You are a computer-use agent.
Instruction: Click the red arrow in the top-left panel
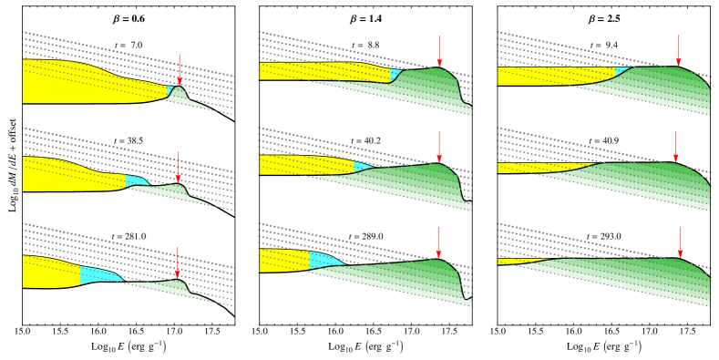click(180, 69)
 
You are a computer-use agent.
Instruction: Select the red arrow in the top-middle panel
click(439, 51)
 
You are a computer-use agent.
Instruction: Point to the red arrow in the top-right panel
click(678, 50)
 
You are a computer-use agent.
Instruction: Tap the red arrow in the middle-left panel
click(179, 167)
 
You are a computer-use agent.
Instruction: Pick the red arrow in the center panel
click(439, 147)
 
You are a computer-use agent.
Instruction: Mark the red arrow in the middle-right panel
click(675, 146)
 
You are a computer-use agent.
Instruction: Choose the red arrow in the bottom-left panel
click(178, 262)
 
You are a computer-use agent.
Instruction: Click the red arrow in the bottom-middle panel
click(438, 242)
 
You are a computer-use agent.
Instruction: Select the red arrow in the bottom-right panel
click(680, 242)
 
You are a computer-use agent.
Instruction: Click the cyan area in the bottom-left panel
click(98, 274)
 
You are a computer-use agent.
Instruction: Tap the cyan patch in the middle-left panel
click(137, 181)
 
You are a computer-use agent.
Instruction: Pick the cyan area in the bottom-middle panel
click(323, 261)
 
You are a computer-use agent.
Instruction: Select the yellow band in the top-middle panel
click(319, 71)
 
